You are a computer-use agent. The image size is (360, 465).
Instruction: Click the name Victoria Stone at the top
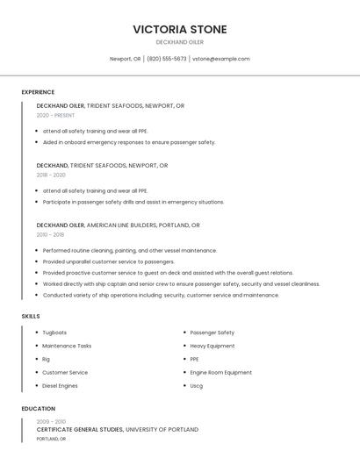coord(179,29)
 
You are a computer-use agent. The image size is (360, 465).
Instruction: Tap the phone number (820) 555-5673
coord(167,59)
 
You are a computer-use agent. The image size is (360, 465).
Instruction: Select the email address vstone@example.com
coord(220,59)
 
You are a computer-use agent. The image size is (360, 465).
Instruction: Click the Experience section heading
coord(38,92)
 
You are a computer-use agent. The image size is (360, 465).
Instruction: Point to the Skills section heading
coord(30,316)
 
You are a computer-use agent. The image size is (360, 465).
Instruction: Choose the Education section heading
coord(39,409)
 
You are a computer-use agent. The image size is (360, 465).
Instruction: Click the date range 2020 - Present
coord(55,115)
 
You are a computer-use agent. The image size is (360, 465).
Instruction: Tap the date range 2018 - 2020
coord(51,175)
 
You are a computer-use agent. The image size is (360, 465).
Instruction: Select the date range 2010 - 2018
coord(50,234)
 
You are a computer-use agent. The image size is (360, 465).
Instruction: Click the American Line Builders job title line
coord(118,225)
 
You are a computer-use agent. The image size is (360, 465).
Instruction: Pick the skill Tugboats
coord(54,333)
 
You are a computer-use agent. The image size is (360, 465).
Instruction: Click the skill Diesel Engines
coord(60,385)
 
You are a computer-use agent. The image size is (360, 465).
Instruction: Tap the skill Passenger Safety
coord(212,333)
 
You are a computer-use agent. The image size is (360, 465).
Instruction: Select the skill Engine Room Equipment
coord(220,372)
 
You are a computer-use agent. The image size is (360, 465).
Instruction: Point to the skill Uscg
coord(197,385)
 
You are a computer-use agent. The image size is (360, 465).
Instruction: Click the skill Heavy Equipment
coord(212,346)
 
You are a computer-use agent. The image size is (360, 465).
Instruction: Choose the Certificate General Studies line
coord(117,430)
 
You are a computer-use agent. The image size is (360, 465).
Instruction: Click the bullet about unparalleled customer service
coord(109,261)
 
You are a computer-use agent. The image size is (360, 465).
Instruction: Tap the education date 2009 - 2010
coord(50,421)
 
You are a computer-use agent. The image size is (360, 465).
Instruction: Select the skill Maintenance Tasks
coord(67,346)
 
